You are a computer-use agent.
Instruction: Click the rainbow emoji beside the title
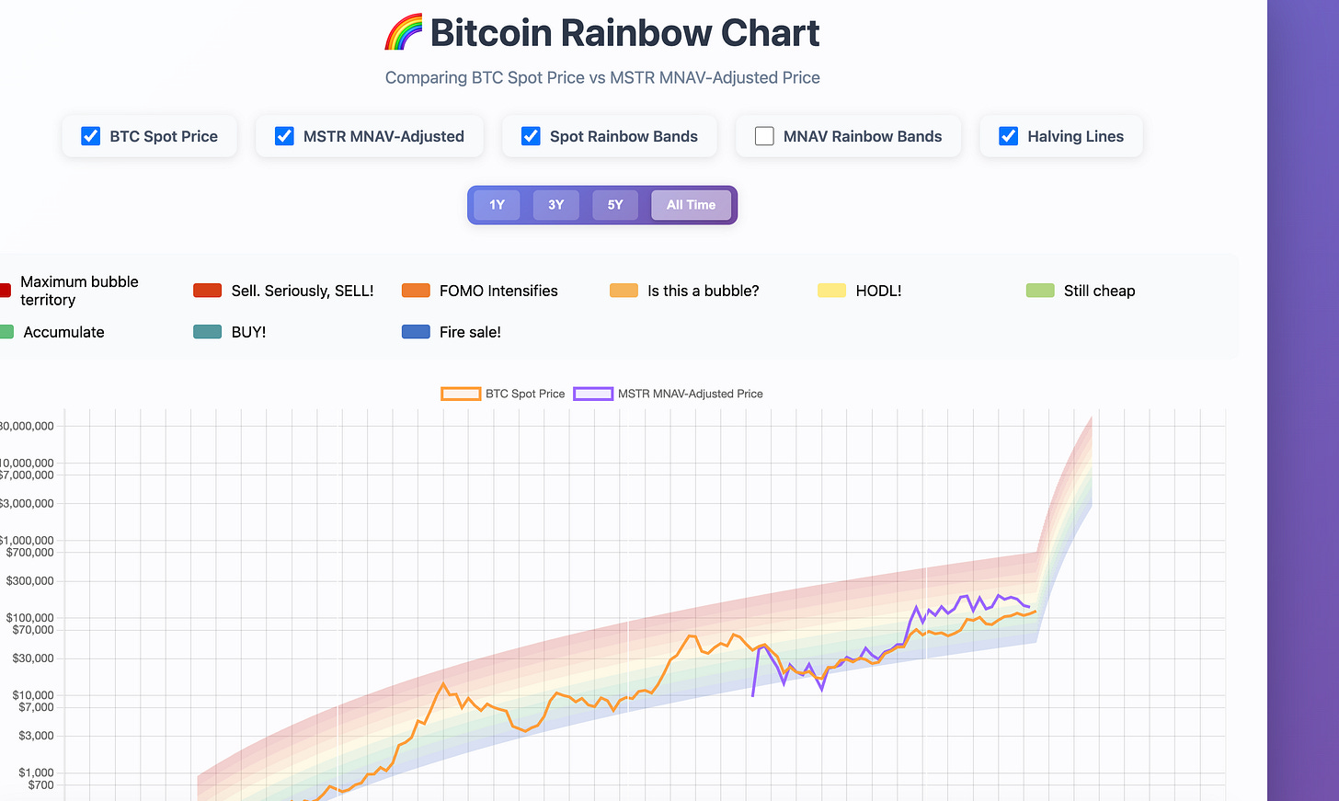pos(404,31)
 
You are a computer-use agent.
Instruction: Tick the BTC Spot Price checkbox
pos(90,136)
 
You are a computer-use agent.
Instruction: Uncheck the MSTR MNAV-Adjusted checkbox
pos(284,136)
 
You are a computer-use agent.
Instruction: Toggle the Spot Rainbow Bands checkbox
pos(531,136)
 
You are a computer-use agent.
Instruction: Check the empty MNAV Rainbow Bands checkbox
pos(764,136)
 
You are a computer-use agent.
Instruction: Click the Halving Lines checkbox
pos(1008,136)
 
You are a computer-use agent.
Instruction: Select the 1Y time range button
pos(497,205)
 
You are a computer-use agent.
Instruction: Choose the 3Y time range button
pos(555,205)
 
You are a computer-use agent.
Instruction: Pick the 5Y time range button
pos(615,205)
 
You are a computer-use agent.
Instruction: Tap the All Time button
pos(691,205)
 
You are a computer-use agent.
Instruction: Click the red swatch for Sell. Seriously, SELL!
pos(208,291)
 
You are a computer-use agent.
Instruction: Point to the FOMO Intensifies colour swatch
pos(416,291)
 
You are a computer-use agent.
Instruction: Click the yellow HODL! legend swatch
pos(832,291)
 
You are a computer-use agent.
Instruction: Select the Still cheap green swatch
pos(1040,291)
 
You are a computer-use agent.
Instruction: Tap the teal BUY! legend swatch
pos(208,332)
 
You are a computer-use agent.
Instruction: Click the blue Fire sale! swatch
pos(416,332)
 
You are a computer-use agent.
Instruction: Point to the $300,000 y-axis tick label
pos(29,581)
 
